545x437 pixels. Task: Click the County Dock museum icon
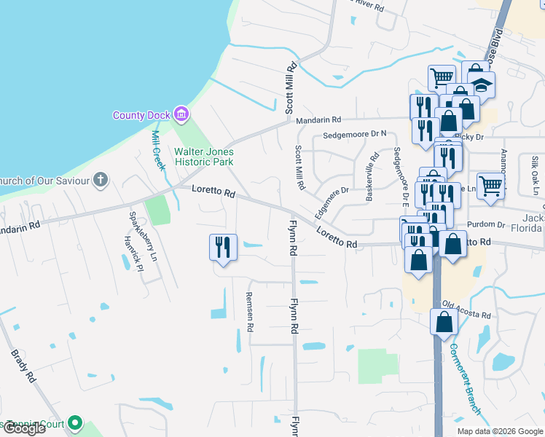pos(181,114)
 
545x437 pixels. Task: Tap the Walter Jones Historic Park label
pos(204,157)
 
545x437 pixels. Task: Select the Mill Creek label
pos(158,150)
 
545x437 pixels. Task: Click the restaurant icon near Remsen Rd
pos(223,247)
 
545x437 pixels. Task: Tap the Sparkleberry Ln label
pos(143,237)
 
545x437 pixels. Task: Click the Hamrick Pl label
pos(133,253)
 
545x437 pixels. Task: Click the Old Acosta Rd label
pos(466,310)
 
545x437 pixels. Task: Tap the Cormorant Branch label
pos(465,379)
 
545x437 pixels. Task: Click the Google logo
pos(23,428)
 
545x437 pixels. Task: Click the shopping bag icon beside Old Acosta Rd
pos(444,321)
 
